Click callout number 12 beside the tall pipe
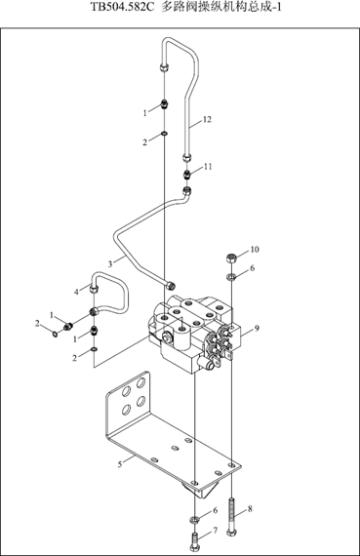coord(207,120)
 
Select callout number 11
coord(208,166)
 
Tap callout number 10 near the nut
coord(255,250)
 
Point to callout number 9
coord(257,328)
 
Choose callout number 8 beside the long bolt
coord(250,509)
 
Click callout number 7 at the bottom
coord(216,530)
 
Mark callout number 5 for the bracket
coord(120,463)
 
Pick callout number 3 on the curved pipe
coord(110,263)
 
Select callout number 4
coord(76,292)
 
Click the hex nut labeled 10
coord(231,258)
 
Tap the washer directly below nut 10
coord(231,277)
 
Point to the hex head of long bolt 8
coord(231,532)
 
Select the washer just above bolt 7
coord(193,520)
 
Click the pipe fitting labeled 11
coord(187,175)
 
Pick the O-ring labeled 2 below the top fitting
coord(165,134)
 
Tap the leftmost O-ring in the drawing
coord(55,334)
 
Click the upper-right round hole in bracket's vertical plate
coord(140,382)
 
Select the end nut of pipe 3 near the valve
coord(172,285)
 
